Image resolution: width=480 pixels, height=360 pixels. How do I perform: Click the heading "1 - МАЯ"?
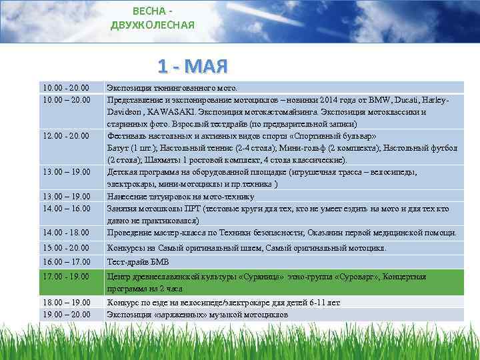[193, 66]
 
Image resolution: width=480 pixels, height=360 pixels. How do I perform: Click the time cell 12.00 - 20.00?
[65, 135]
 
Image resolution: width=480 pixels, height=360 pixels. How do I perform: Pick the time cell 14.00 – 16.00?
[65, 209]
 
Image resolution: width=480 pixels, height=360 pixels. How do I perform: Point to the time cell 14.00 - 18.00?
[65, 233]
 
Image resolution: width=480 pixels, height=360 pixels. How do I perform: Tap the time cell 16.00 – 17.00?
[65, 263]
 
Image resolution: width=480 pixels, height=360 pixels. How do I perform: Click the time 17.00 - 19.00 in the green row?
[65, 276]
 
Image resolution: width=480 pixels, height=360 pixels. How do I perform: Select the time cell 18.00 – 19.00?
[65, 303]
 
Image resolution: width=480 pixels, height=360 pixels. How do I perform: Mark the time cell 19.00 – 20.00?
[65, 314]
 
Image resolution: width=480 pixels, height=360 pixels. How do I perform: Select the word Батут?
[119, 147]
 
